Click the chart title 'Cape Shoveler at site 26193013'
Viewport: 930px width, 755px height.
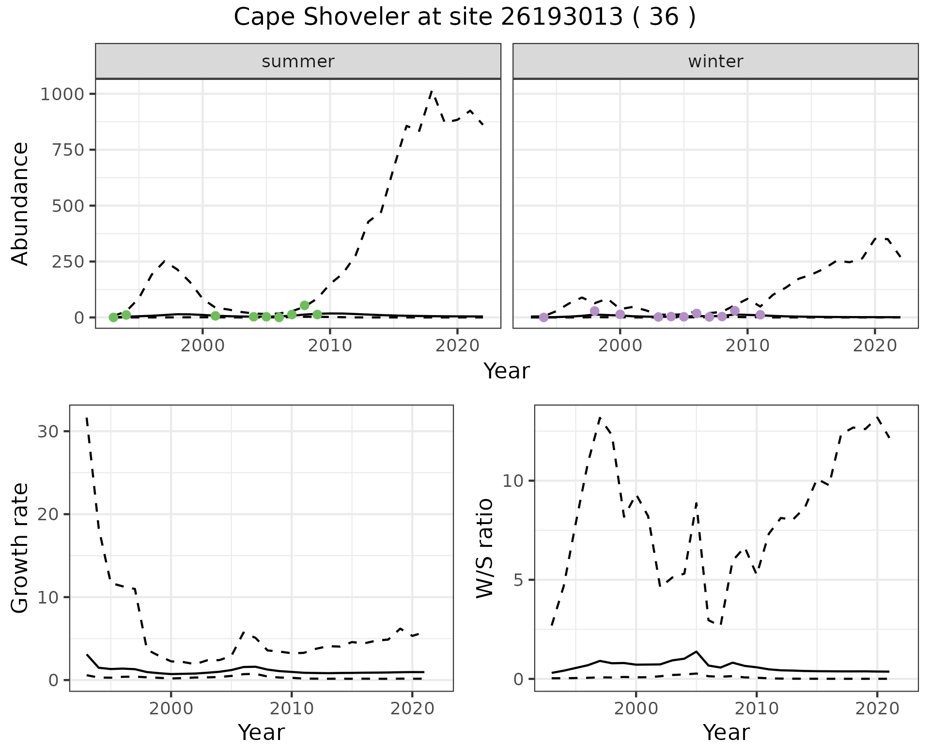(x=429, y=17)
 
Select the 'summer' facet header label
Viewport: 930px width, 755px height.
(x=298, y=61)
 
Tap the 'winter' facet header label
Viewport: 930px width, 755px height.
(x=715, y=61)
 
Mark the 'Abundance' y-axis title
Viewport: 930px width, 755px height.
(x=20, y=204)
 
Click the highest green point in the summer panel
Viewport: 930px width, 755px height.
(x=305, y=305)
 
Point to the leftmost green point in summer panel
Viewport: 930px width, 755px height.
(x=113, y=317)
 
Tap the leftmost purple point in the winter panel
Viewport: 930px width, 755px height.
(x=543, y=317)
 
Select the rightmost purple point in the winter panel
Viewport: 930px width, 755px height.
(x=760, y=315)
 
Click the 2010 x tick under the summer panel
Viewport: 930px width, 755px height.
(x=330, y=346)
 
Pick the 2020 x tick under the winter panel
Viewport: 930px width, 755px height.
(x=875, y=346)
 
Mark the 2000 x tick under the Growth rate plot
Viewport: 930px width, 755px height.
(x=171, y=709)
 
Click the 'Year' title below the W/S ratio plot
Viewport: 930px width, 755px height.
(x=727, y=732)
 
